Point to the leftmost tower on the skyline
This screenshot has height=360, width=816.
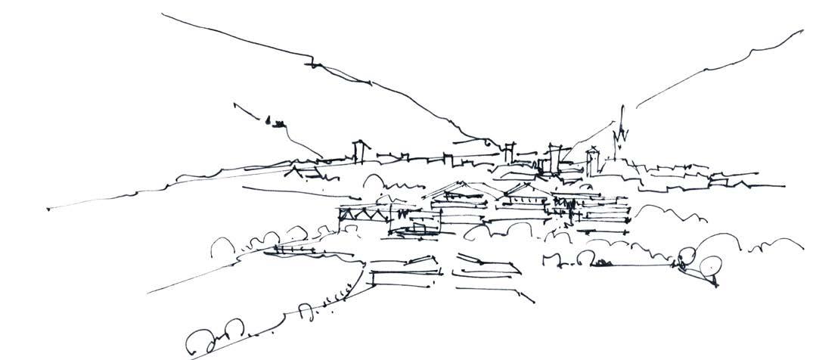[x=361, y=151]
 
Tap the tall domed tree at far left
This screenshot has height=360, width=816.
[x=222, y=245]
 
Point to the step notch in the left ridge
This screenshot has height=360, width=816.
[x=313, y=61]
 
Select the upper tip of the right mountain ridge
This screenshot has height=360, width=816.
[x=800, y=32]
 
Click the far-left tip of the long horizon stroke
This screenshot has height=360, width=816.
[x=48, y=209]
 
